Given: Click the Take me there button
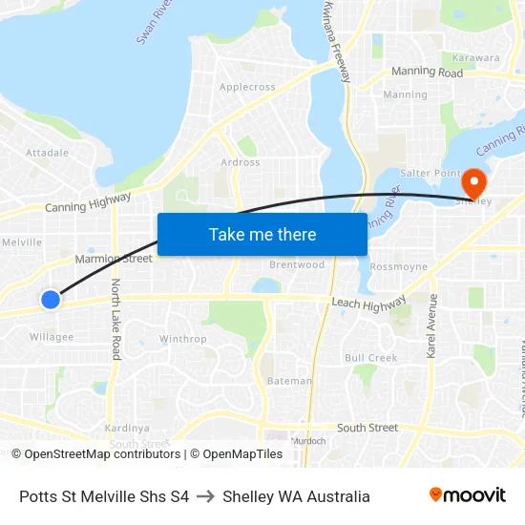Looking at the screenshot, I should point(262,235).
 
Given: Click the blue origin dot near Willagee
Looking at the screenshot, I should point(51,300).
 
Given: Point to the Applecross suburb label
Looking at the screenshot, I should point(247,87).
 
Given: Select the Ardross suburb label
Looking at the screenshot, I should point(241,162).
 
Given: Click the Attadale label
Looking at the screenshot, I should point(47,153).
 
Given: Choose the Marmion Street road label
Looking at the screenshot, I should point(114,259).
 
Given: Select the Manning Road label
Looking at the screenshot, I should point(427,73).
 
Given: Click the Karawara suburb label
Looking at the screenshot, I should point(476,58).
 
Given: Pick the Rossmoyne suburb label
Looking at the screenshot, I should point(398,267).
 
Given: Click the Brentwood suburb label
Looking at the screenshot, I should point(297,264).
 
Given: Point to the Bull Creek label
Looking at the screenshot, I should point(370,358).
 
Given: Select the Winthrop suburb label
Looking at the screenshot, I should point(182,339).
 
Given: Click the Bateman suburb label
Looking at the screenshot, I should point(288,381).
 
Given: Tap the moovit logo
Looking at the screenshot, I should point(468,495).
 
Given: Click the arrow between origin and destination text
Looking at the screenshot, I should point(205,496).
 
